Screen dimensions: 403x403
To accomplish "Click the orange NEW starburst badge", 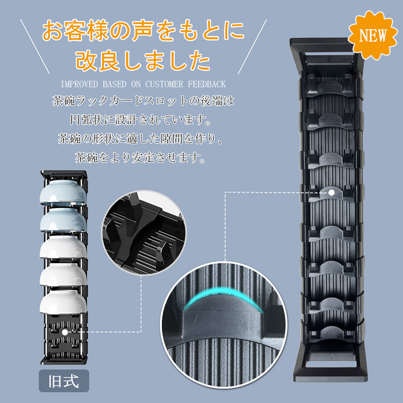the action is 372,35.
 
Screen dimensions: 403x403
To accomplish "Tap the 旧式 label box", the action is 64,381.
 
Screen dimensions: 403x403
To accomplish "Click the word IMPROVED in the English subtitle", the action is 80,84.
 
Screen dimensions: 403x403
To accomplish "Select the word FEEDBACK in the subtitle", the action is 207,84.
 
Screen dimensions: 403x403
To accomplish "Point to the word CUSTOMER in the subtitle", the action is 164,84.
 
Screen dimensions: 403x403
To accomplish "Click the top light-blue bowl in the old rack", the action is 63,192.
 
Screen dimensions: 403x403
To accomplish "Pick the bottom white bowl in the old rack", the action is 63,302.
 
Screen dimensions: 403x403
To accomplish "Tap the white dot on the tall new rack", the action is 332,192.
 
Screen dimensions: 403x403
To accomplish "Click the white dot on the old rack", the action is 65,332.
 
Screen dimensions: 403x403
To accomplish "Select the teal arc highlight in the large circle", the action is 223,292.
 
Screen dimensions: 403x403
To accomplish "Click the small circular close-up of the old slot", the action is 143,233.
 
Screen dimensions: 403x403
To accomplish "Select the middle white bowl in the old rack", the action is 63,247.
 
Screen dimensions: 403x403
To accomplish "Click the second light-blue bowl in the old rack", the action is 63,220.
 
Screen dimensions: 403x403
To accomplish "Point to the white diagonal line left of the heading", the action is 35,47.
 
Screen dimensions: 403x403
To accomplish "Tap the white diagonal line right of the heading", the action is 253,47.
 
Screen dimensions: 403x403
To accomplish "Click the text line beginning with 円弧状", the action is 141,120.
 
